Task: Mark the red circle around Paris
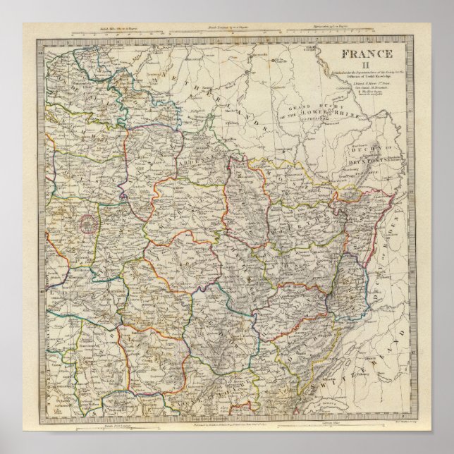88,223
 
